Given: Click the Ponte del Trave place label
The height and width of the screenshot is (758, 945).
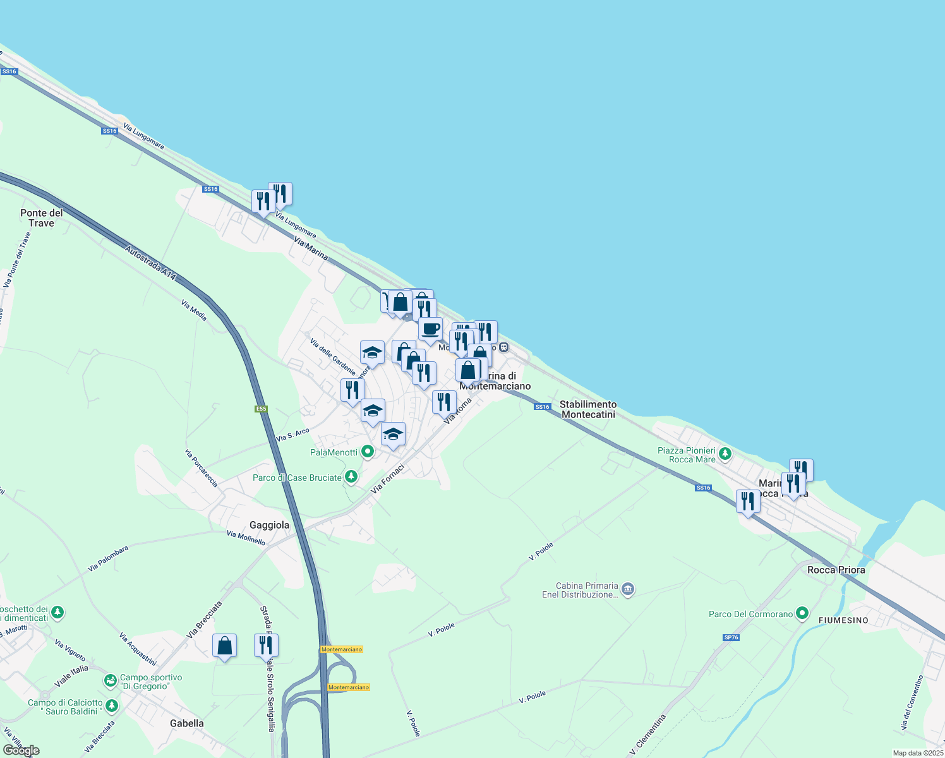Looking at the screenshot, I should [x=42, y=218].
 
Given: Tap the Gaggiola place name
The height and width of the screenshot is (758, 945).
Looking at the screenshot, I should [x=270, y=525].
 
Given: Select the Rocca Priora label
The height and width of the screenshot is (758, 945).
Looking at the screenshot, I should [x=836, y=570].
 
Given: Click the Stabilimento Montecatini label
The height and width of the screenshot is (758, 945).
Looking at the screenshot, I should [x=588, y=409].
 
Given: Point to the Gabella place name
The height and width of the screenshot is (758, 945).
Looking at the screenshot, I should [x=187, y=723].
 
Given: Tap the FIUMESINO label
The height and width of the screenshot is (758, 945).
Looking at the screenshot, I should [x=843, y=620].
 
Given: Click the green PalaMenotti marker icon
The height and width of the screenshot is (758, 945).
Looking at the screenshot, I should [x=368, y=452].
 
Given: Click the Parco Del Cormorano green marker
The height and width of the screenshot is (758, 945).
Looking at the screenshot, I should [x=802, y=613].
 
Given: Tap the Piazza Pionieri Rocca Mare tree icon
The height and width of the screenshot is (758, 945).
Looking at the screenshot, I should [x=725, y=453].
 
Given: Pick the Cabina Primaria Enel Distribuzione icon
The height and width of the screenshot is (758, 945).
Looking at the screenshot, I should [x=627, y=589].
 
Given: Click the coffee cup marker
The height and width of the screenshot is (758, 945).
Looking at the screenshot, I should [x=431, y=329].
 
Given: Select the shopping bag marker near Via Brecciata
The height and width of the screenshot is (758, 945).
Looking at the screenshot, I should [x=224, y=646].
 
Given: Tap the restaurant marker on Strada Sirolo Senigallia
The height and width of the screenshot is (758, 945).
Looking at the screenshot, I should [x=266, y=645].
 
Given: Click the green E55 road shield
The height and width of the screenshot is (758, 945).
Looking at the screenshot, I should [x=261, y=409].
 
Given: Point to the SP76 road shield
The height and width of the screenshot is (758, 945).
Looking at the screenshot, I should [x=731, y=637].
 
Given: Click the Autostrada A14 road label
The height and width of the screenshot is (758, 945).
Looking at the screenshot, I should [x=150, y=263].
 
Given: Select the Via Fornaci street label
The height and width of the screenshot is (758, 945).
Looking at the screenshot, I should [x=388, y=479].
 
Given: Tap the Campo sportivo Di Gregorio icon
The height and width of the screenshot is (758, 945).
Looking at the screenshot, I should [x=111, y=681].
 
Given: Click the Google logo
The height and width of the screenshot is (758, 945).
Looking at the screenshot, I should [x=21, y=750].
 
